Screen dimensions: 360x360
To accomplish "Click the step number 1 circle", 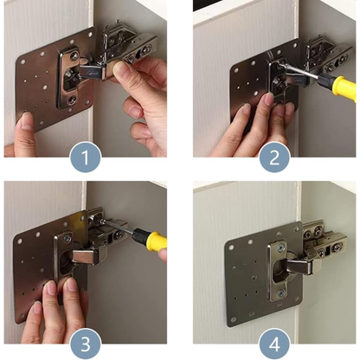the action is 86,157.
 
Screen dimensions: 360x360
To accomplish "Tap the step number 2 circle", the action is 274,157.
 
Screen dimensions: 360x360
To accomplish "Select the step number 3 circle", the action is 86,344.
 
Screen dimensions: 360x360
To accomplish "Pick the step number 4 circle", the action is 274,344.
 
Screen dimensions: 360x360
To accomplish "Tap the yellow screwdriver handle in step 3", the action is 157,241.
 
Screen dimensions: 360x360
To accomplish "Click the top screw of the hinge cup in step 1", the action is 74,55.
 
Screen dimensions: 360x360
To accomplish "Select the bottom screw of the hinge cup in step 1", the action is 71,100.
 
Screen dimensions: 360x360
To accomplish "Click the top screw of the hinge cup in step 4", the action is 281,248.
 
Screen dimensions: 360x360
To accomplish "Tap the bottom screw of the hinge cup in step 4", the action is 281,293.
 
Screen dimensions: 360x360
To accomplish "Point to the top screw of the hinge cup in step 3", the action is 67,238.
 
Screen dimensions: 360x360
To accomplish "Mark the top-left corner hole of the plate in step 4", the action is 232,247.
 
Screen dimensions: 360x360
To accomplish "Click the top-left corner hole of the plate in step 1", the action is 22,62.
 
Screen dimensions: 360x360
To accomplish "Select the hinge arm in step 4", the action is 300,267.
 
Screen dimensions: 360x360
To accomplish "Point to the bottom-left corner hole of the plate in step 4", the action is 233,319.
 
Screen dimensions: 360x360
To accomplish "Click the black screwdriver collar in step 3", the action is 139,235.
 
